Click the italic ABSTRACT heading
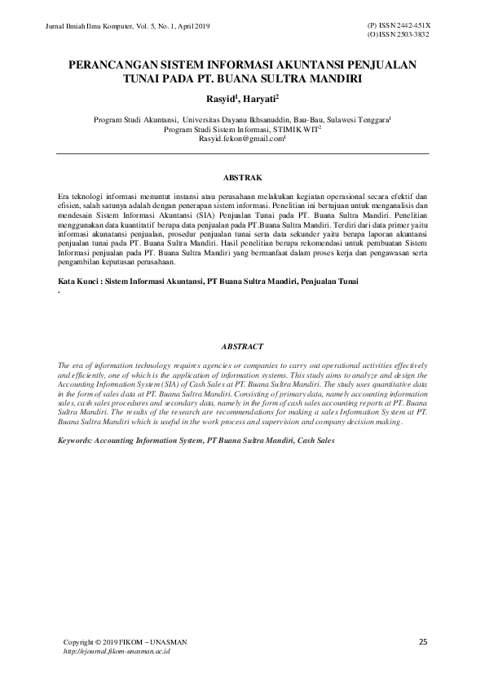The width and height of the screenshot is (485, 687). coord(242,346)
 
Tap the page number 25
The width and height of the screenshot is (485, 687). coord(423,642)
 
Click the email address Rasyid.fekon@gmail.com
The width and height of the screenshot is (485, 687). coord(241,139)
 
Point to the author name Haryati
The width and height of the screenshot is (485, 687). coord(258,99)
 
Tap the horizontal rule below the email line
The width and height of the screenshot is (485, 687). coord(242,153)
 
